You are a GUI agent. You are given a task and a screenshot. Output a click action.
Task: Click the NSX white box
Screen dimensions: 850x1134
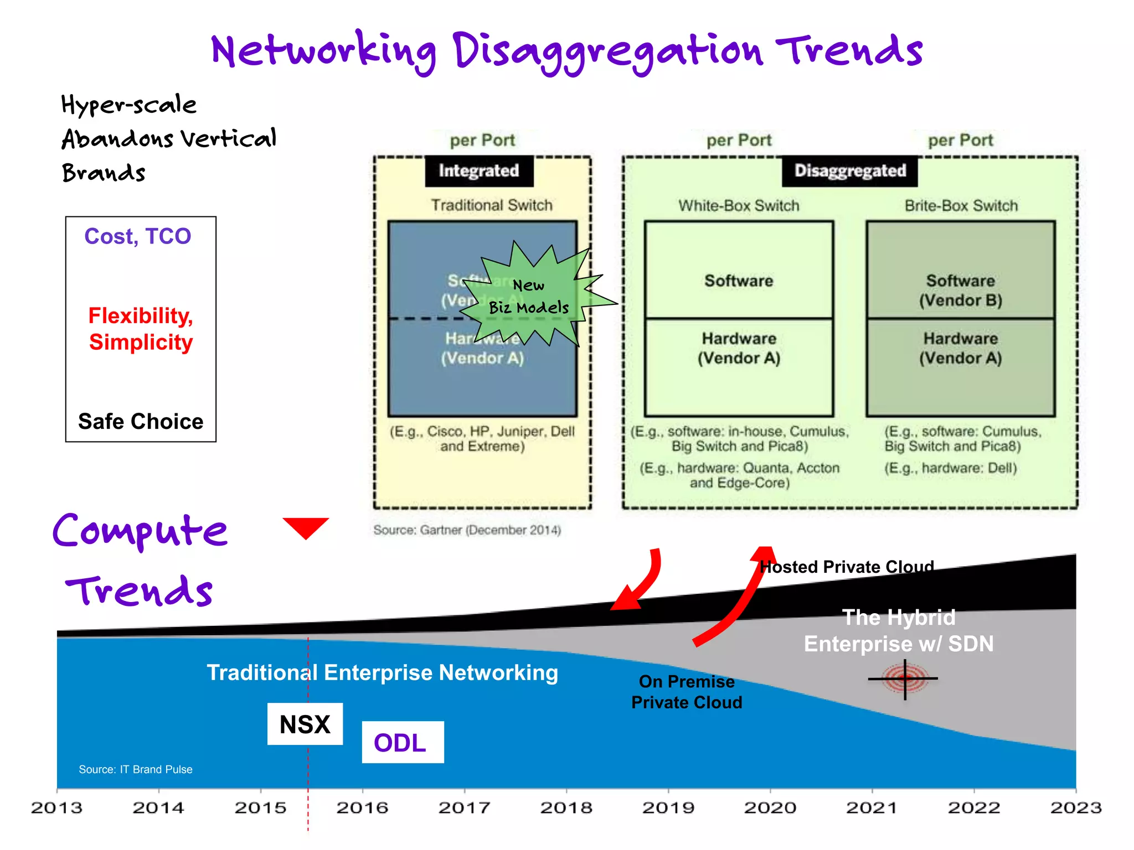305,724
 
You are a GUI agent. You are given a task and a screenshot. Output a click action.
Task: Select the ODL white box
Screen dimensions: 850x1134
403,742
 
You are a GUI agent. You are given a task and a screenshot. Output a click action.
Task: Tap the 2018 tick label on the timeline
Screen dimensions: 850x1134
566,808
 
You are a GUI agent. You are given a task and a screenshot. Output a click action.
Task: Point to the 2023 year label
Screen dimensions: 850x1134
1075,808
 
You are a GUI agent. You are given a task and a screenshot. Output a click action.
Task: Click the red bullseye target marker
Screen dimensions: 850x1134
905,678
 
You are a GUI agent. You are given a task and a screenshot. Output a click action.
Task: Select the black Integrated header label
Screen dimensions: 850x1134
479,171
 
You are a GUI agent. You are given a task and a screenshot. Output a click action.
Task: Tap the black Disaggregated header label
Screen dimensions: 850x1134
850,171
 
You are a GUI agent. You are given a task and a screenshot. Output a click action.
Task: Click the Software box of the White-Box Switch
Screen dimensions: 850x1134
739,271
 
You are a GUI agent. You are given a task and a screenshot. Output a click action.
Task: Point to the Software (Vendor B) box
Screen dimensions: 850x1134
961,271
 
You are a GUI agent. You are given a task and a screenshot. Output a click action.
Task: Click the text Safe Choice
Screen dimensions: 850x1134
141,421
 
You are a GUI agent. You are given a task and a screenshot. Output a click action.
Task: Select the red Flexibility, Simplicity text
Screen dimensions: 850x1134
141,329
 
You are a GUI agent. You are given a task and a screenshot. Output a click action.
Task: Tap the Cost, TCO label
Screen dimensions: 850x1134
138,236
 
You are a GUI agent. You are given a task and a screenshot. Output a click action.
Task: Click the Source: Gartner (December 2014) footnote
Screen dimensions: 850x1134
467,530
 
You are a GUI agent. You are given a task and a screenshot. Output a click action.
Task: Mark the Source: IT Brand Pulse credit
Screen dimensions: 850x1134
136,769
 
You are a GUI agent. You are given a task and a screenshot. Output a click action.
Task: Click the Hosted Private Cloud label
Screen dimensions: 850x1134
847,567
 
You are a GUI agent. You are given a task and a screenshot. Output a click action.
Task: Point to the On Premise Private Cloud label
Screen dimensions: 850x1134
687,692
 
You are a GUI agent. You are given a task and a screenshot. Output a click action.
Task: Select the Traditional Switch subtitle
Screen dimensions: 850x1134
492,205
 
